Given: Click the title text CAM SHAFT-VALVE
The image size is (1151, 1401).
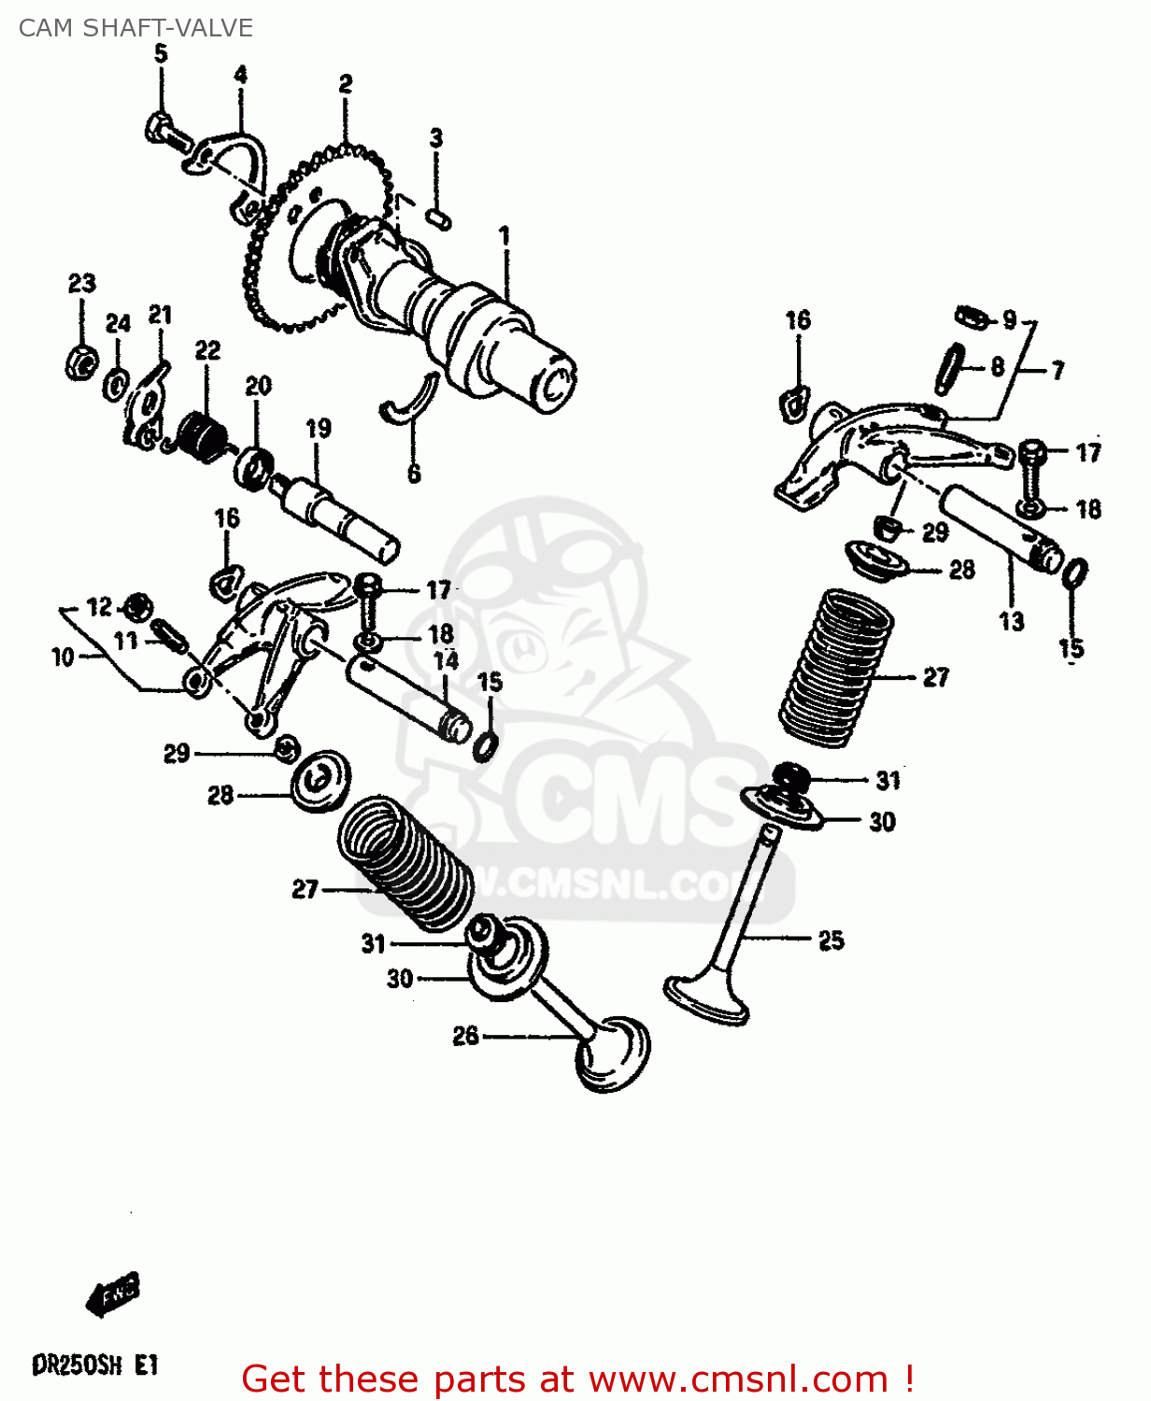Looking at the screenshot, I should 135,28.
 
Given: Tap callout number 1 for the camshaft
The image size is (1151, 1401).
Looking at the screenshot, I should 504,235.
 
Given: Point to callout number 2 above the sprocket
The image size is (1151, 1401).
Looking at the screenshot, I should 346,84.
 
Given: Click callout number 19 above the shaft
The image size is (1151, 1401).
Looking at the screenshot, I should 318,428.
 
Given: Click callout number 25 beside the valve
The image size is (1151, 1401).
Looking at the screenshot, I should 831,941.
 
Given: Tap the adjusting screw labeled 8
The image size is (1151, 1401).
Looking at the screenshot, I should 951,368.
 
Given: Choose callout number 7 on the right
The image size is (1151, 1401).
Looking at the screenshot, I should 1058,371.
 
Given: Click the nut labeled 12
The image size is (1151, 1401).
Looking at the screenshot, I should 139,607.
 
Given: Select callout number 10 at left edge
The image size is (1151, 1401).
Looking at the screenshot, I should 63,657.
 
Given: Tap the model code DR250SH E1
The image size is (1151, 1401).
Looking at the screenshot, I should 95,1366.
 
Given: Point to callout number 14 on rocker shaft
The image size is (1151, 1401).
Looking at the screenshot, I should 447,661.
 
